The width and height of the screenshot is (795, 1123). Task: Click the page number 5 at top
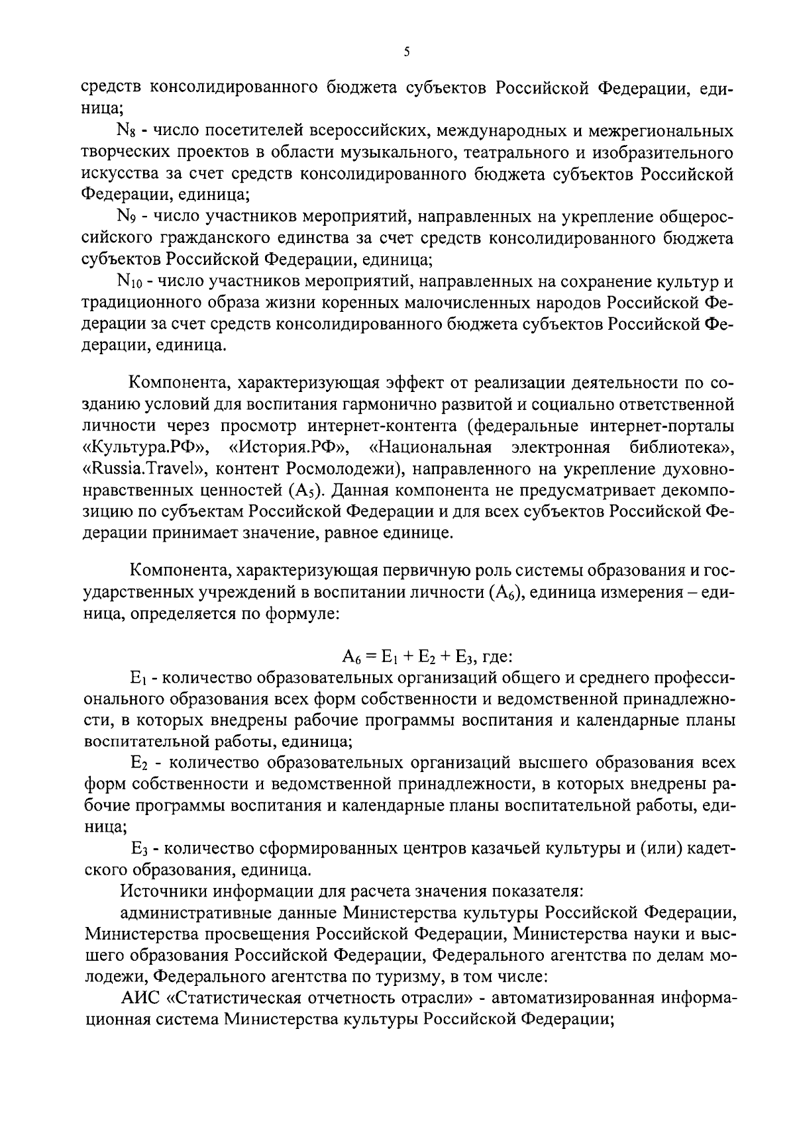[406, 52]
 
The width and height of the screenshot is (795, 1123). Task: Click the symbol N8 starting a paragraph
[126, 132]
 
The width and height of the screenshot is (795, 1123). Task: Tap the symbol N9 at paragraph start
[126, 217]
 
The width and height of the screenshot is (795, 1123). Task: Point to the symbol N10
[129, 282]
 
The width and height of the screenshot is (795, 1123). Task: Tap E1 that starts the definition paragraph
[137, 679]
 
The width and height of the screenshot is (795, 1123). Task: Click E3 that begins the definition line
[138, 849]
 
